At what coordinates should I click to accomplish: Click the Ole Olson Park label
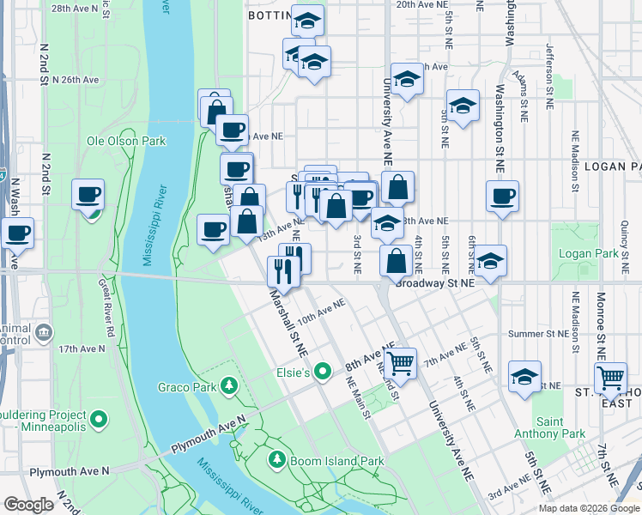coord(126,141)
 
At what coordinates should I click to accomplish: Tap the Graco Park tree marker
coord(228,386)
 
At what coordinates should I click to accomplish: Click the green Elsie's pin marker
coord(323,372)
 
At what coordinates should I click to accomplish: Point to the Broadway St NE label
coord(443,282)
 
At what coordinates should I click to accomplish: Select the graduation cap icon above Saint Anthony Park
coord(525,376)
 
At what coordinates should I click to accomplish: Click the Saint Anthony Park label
coord(561,427)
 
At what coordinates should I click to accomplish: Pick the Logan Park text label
coord(588,253)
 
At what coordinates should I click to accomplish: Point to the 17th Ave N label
coord(82,349)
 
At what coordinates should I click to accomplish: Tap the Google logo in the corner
coord(28,505)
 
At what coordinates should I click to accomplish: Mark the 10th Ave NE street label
coord(322,310)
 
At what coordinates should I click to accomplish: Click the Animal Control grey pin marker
coord(45,331)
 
